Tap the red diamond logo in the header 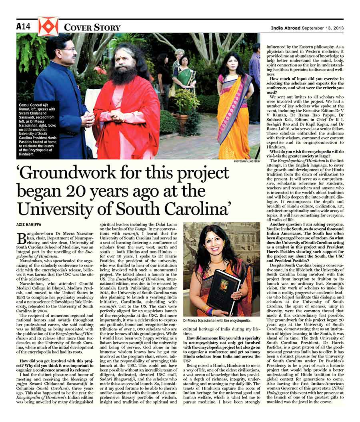click(48, 27)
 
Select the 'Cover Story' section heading click(92, 27)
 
